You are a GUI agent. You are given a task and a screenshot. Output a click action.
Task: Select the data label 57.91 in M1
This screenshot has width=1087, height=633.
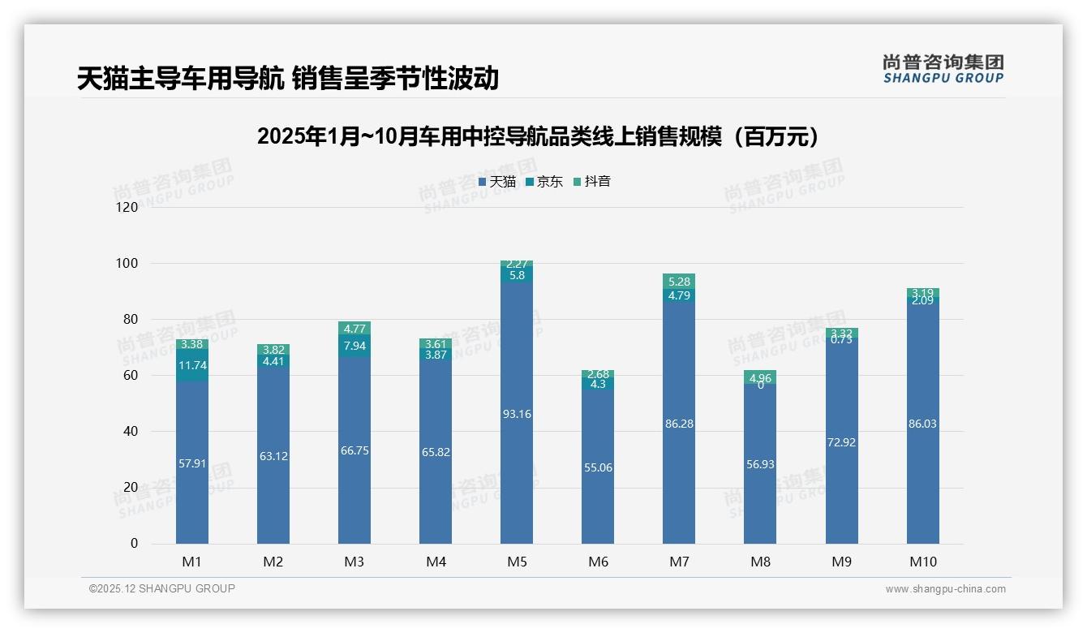(x=192, y=463)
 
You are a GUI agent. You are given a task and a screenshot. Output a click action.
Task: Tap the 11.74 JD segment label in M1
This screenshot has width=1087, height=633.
(x=192, y=365)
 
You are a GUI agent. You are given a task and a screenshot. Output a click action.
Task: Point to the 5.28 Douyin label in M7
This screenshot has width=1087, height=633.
(x=679, y=282)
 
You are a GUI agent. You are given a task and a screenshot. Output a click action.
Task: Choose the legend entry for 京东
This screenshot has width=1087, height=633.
(x=543, y=182)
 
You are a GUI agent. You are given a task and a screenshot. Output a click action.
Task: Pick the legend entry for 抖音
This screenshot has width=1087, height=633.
(x=591, y=182)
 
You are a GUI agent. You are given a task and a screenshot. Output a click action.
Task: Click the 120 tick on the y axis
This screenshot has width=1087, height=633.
(x=127, y=208)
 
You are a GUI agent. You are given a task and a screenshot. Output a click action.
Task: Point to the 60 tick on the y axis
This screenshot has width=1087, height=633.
(x=131, y=376)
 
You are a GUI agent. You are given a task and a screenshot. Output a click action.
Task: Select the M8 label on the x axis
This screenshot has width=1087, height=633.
(x=760, y=562)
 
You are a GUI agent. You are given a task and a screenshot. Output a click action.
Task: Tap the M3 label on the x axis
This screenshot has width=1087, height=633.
(x=354, y=562)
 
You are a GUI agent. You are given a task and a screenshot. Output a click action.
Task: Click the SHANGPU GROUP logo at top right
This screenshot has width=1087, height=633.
(x=943, y=69)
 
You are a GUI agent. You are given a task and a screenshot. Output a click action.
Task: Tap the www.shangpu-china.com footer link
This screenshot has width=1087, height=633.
(x=945, y=589)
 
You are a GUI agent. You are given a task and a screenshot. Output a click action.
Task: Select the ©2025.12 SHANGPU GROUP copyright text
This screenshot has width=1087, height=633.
(x=162, y=588)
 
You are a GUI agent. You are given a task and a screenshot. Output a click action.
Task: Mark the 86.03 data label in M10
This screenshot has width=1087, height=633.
(x=923, y=424)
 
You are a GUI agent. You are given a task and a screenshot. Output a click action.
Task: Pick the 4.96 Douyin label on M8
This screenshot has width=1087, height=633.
(x=760, y=377)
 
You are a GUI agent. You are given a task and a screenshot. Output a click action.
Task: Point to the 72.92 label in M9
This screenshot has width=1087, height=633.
(x=842, y=442)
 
